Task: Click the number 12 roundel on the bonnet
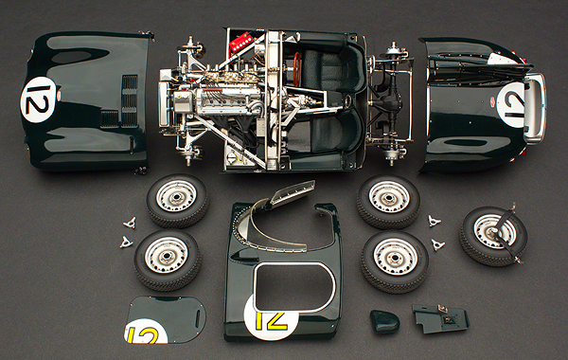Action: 38,100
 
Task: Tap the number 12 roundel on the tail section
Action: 511,104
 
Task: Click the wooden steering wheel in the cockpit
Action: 297,69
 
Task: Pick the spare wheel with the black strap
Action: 493,236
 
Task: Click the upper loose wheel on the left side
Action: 178,201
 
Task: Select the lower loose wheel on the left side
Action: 167,260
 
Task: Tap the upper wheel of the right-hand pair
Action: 388,202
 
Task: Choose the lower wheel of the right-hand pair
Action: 395,262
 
